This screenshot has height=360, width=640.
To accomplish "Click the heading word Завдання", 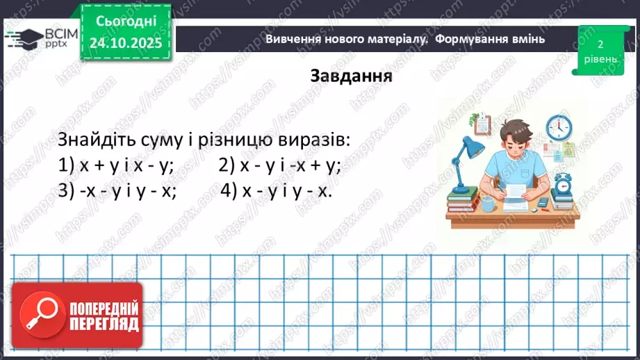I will click(x=351, y=76).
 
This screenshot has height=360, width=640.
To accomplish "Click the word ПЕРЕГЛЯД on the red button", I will click(x=104, y=324).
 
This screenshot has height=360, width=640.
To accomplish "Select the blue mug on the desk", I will click(x=487, y=204).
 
